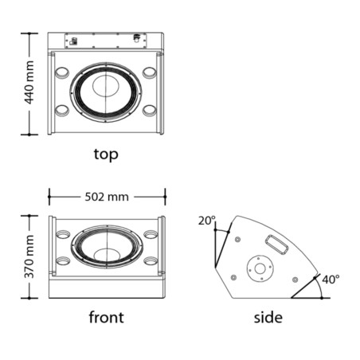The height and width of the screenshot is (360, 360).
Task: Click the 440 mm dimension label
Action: tap(29, 82)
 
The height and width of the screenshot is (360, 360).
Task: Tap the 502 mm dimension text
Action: tap(107, 197)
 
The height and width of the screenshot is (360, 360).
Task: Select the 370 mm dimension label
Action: tap(29, 256)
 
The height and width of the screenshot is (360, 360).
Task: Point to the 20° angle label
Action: tap(207, 221)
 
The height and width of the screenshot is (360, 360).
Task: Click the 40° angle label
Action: tap(331, 280)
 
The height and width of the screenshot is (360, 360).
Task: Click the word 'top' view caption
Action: tap(106, 155)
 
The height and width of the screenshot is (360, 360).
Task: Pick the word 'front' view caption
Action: tap(106, 317)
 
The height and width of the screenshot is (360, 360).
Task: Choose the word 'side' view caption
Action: tap(268, 318)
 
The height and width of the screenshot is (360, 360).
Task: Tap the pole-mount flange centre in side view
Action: tap(260, 268)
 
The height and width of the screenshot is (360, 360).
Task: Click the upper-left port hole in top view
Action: tap(62, 72)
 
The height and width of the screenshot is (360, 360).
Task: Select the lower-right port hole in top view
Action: tap(150, 111)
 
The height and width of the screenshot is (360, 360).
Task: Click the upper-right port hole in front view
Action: tap(151, 234)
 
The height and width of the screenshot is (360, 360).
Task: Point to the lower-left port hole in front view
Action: tap(63, 260)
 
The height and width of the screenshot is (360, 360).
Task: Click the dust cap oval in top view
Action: tap(106, 86)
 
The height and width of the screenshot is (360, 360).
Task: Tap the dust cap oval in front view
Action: tap(107, 256)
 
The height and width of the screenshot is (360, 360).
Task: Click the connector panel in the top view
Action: tap(106, 41)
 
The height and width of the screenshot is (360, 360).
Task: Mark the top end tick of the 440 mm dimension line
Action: tap(29, 33)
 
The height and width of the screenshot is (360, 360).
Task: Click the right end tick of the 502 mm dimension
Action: tap(165, 197)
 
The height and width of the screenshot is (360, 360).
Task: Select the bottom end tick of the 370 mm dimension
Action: tap(29, 298)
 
